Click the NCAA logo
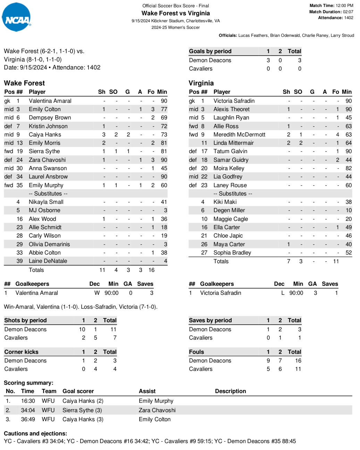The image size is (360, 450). [x=16, y=17]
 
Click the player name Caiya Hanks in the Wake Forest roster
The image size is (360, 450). [x=45, y=135]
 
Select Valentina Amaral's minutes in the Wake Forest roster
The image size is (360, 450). [x=164, y=101]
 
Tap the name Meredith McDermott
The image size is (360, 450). [x=239, y=135]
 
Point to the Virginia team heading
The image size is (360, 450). [x=201, y=83]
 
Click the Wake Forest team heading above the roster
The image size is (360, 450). [x=24, y=83]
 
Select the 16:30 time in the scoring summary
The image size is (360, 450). [x=28, y=401]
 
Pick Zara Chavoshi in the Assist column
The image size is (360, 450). [x=157, y=410]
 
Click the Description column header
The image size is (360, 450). [x=230, y=391]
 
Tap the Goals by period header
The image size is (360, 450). [x=210, y=51]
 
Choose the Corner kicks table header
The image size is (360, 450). [x=21, y=352]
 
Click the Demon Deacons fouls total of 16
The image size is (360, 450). [x=298, y=361]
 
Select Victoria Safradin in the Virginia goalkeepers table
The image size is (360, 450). [x=220, y=293]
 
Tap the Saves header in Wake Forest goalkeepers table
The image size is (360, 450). [x=145, y=284]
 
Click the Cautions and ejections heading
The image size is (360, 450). [x=35, y=434]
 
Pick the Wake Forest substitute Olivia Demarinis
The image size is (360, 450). [x=49, y=244]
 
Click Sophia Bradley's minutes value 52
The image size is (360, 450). [x=349, y=253]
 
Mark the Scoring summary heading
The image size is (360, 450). [x=28, y=383]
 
